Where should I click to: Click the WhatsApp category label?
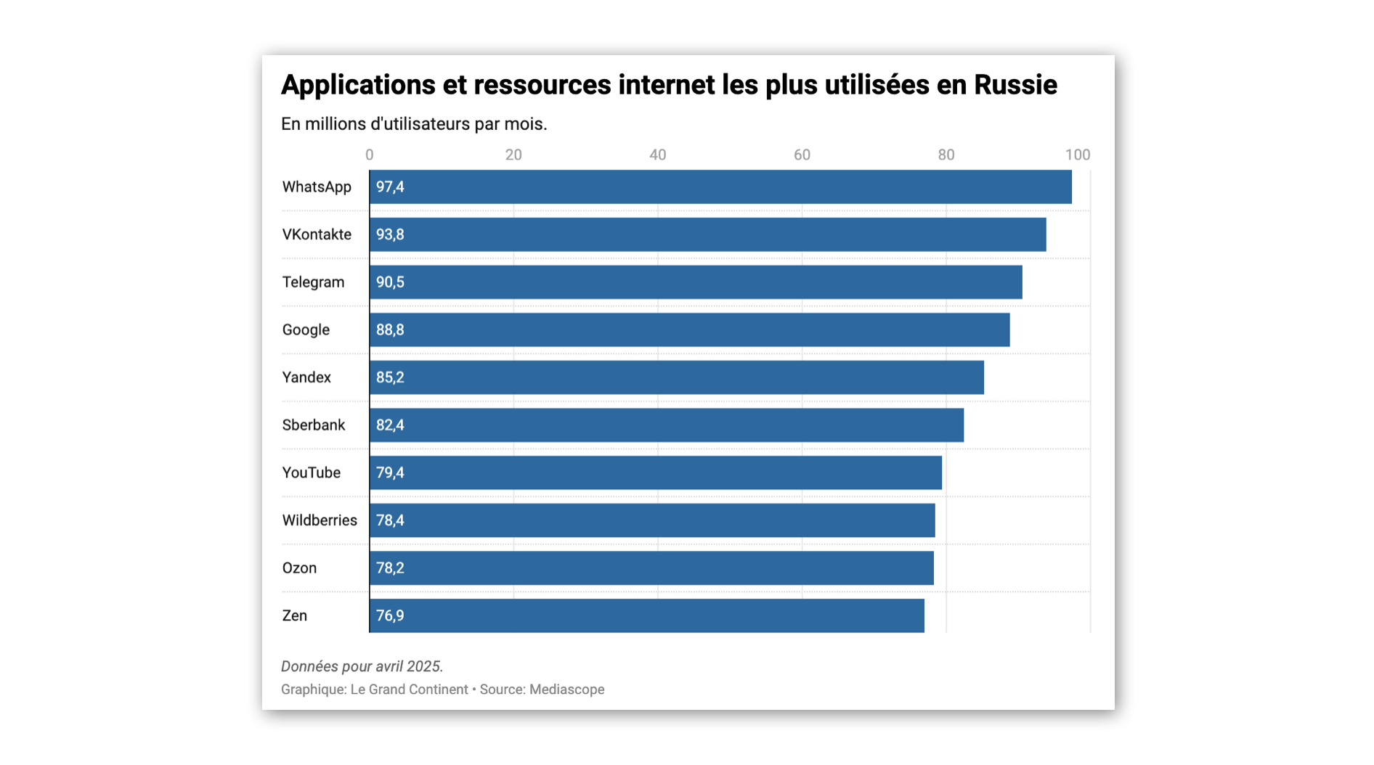click(317, 187)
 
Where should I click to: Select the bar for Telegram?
click(696, 282)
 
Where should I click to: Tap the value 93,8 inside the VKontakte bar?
click(390, 235)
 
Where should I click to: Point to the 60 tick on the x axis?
click(802, 155)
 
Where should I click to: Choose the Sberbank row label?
click(314, 425)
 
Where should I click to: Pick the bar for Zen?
click(646, 615)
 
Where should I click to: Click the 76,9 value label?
click(390, 616)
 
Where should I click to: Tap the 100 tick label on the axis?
click(1078, 155)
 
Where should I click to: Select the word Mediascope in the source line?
click(566, 690)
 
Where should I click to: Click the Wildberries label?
click(320, 520)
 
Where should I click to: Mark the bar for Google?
click(689, 330)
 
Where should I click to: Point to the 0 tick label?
click(370, 155)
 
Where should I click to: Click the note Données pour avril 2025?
click(362, 666)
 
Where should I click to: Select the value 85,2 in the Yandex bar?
click(390, 378)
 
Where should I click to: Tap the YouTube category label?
click(312, 473)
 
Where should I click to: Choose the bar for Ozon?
click(651, 568)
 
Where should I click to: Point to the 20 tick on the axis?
click(513, 155)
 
